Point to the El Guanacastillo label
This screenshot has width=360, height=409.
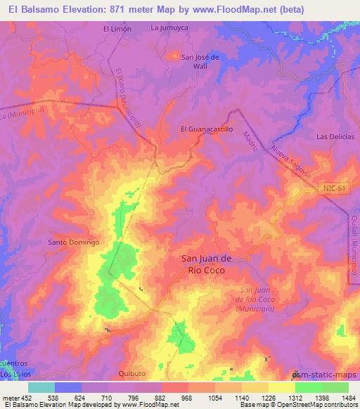tap(207, 129)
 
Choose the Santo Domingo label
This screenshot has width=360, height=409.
tap(73, 242)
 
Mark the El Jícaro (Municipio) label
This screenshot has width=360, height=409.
tap(129, 97)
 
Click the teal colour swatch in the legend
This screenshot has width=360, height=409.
tap(41, 387)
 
